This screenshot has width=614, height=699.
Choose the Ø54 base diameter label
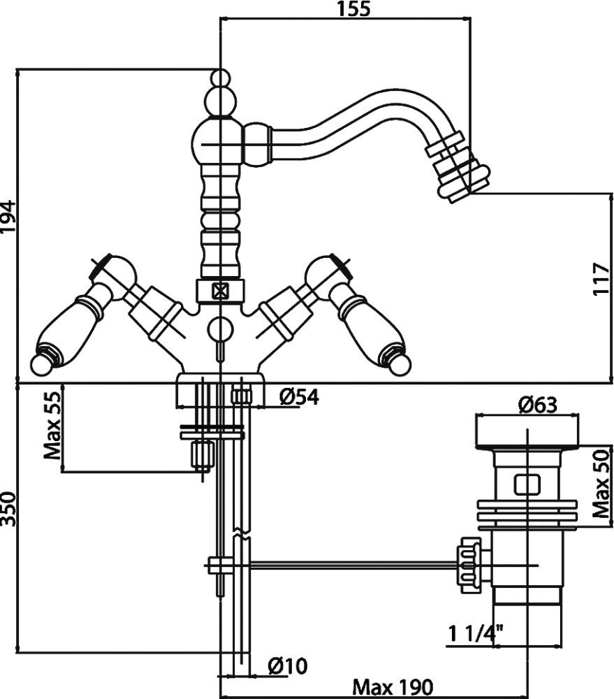tap(299, 397)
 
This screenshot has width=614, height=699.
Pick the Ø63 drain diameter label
tap(537, 405)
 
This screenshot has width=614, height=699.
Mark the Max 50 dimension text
tap(602, 483)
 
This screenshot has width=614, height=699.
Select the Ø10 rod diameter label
tap(288, 666)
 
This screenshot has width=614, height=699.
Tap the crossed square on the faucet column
tap(221, 290)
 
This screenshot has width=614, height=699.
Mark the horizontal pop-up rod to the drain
tap(349, 563)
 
